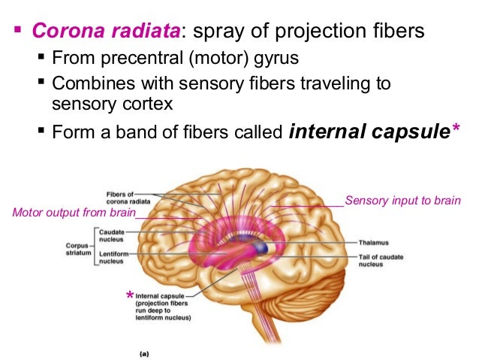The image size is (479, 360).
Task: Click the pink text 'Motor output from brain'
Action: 74,213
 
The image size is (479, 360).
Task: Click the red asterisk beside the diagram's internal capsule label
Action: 131,295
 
